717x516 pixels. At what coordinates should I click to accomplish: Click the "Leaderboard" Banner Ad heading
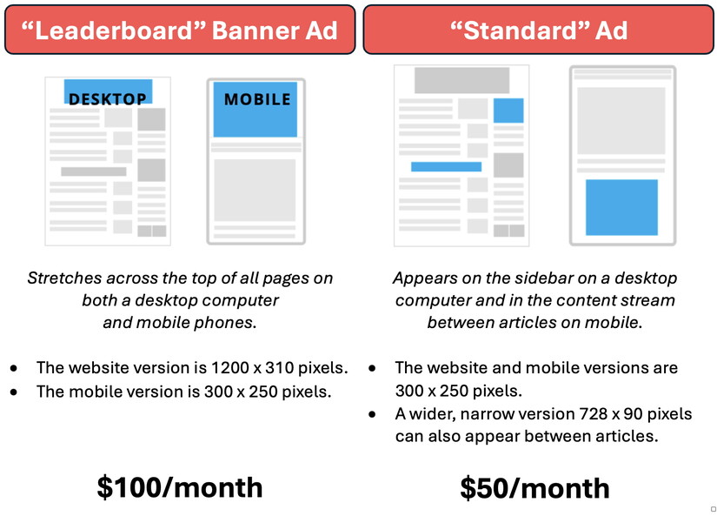179,30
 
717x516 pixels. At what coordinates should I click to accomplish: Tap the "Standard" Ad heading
539,30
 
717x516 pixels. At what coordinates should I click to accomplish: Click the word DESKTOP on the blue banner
108,98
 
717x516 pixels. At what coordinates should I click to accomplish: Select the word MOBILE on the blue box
257,99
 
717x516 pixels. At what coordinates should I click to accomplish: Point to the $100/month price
180,487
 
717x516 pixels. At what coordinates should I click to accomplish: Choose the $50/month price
534,488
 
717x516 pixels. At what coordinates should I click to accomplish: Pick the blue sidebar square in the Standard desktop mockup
508,111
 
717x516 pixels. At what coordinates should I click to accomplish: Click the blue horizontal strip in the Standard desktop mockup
447,167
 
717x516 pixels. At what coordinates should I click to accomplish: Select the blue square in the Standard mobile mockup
622,207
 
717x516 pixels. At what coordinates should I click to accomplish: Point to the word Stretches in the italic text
64,278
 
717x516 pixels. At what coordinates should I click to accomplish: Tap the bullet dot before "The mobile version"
14,392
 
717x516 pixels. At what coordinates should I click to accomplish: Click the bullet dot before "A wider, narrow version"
372,414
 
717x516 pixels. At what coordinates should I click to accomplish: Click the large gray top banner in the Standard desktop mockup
461,81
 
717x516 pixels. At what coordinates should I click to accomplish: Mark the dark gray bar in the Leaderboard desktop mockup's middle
94,171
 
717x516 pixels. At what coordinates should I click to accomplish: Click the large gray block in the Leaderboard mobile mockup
255,190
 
